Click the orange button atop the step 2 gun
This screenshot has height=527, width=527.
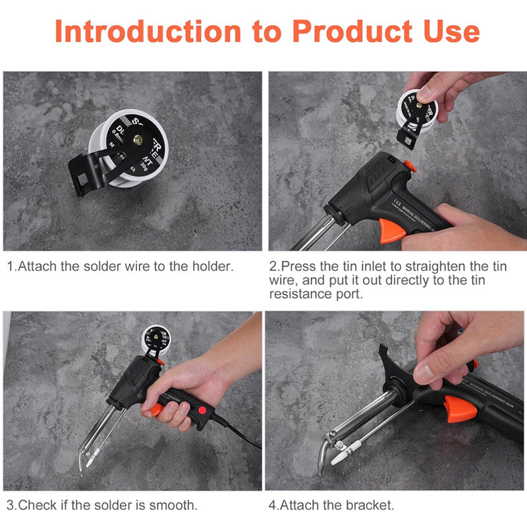click(x=409, y=166)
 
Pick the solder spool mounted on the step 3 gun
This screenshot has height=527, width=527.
click(x=155, y=341)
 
